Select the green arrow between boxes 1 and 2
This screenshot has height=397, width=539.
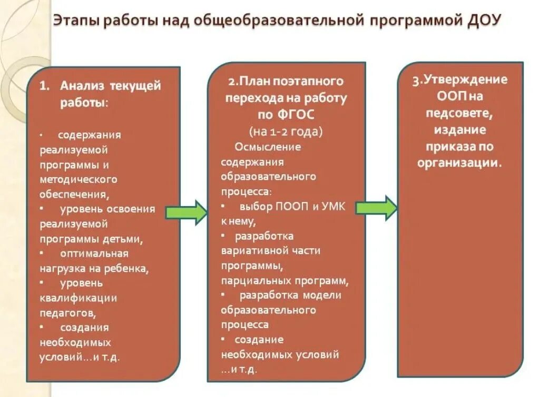click(x=187, y=212)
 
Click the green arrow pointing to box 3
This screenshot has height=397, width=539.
click(x=376, y=207)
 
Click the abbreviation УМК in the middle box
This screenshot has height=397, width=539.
click(x=331, y=206)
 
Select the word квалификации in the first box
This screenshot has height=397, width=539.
click(x=78, y=298)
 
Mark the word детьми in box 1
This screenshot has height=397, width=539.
click(x=126, y=239)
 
